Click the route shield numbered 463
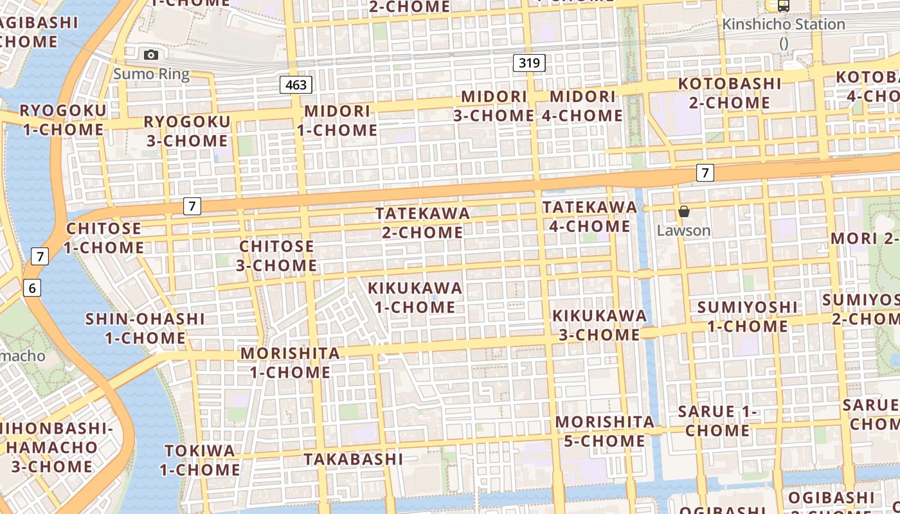click(x=296, y=85)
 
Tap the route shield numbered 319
click(x=530, y=63)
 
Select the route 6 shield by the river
click(x=32, y=288)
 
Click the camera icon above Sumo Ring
click(x=151, y=55)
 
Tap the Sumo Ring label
click(x=152, y=74)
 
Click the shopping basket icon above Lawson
click(x=683, y=211)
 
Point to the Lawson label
click(x=683, y=230)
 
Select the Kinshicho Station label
click(x=784, y=24)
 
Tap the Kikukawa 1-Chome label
click(x=415, y=297)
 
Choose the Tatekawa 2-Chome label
click(x=422, y=222)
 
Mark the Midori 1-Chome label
click(x=337, y=120)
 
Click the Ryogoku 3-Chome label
click(x=186, y=131)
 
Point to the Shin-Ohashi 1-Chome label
click(x=145, y=328)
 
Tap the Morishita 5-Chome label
click(x=604, y=431)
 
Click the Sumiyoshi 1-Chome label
click(x=747, y=316)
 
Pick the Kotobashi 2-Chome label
click(x=730, y=93)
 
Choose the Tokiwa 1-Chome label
click(x=199, y=460)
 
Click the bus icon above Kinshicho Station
click(x=783, y=6)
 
